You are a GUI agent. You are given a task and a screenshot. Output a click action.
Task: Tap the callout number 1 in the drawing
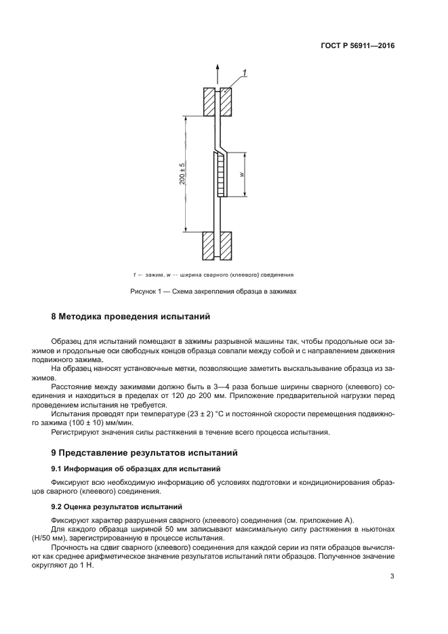point(245,73)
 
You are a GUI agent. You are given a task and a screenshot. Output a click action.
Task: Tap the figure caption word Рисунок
point(144,291)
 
